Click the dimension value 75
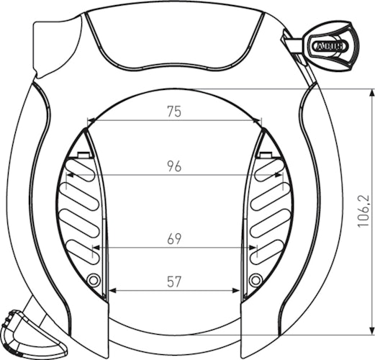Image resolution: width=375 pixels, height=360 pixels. tap(173, 112)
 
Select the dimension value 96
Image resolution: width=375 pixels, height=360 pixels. tap(173, 166)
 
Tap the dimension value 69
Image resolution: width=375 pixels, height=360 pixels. tap(173, 239)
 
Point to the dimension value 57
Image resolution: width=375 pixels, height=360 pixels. tap(173, 282)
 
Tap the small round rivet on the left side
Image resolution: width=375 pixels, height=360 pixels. tap(94, 279)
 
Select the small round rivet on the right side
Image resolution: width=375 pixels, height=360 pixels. tap(254, 279)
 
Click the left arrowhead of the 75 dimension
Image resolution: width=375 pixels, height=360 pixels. tap(90, 121)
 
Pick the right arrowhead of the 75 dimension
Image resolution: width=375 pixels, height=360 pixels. tap(258, 121)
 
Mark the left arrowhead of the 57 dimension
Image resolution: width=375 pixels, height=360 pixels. tap(112, 292)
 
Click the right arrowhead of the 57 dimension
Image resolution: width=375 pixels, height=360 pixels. tap(236, 292)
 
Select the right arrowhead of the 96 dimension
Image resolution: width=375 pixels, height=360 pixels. tap(279, 176)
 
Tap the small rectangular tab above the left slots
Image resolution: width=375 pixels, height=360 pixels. tap(84, 155)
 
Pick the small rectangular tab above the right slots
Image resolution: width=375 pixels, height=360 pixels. tap(265, 155)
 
